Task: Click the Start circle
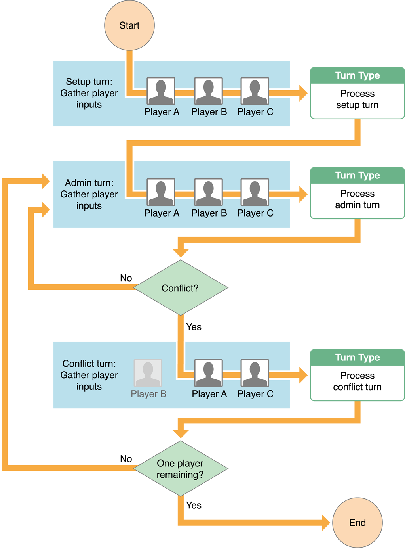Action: tap(129, 25)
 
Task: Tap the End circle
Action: tap(357, 523)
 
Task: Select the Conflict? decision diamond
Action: tap(180, 288)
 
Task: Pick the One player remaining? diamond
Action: tap(180, 469)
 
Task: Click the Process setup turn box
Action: tap(357, 100)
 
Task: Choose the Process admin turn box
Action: tap(357, 200)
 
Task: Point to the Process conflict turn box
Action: tap(357, 381)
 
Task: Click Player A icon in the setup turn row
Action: tap(161, 91)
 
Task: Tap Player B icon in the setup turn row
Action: tap(209, 91)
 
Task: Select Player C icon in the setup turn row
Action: tap(255, 91)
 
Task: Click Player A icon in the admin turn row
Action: tap(161, 192)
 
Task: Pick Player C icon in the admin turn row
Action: tap(255, 192)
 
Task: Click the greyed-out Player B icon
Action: tap(148, 373)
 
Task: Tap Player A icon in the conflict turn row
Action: tap(209, 373)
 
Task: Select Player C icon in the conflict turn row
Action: tap(255, 373)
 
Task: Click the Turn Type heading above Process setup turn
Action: tap(357, 75)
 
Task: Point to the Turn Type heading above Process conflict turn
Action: tap(357, 357)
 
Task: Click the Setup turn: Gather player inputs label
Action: tap(89, 93)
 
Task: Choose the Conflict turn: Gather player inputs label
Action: tap(89, 375)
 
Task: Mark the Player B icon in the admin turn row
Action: tap(209, 192)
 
